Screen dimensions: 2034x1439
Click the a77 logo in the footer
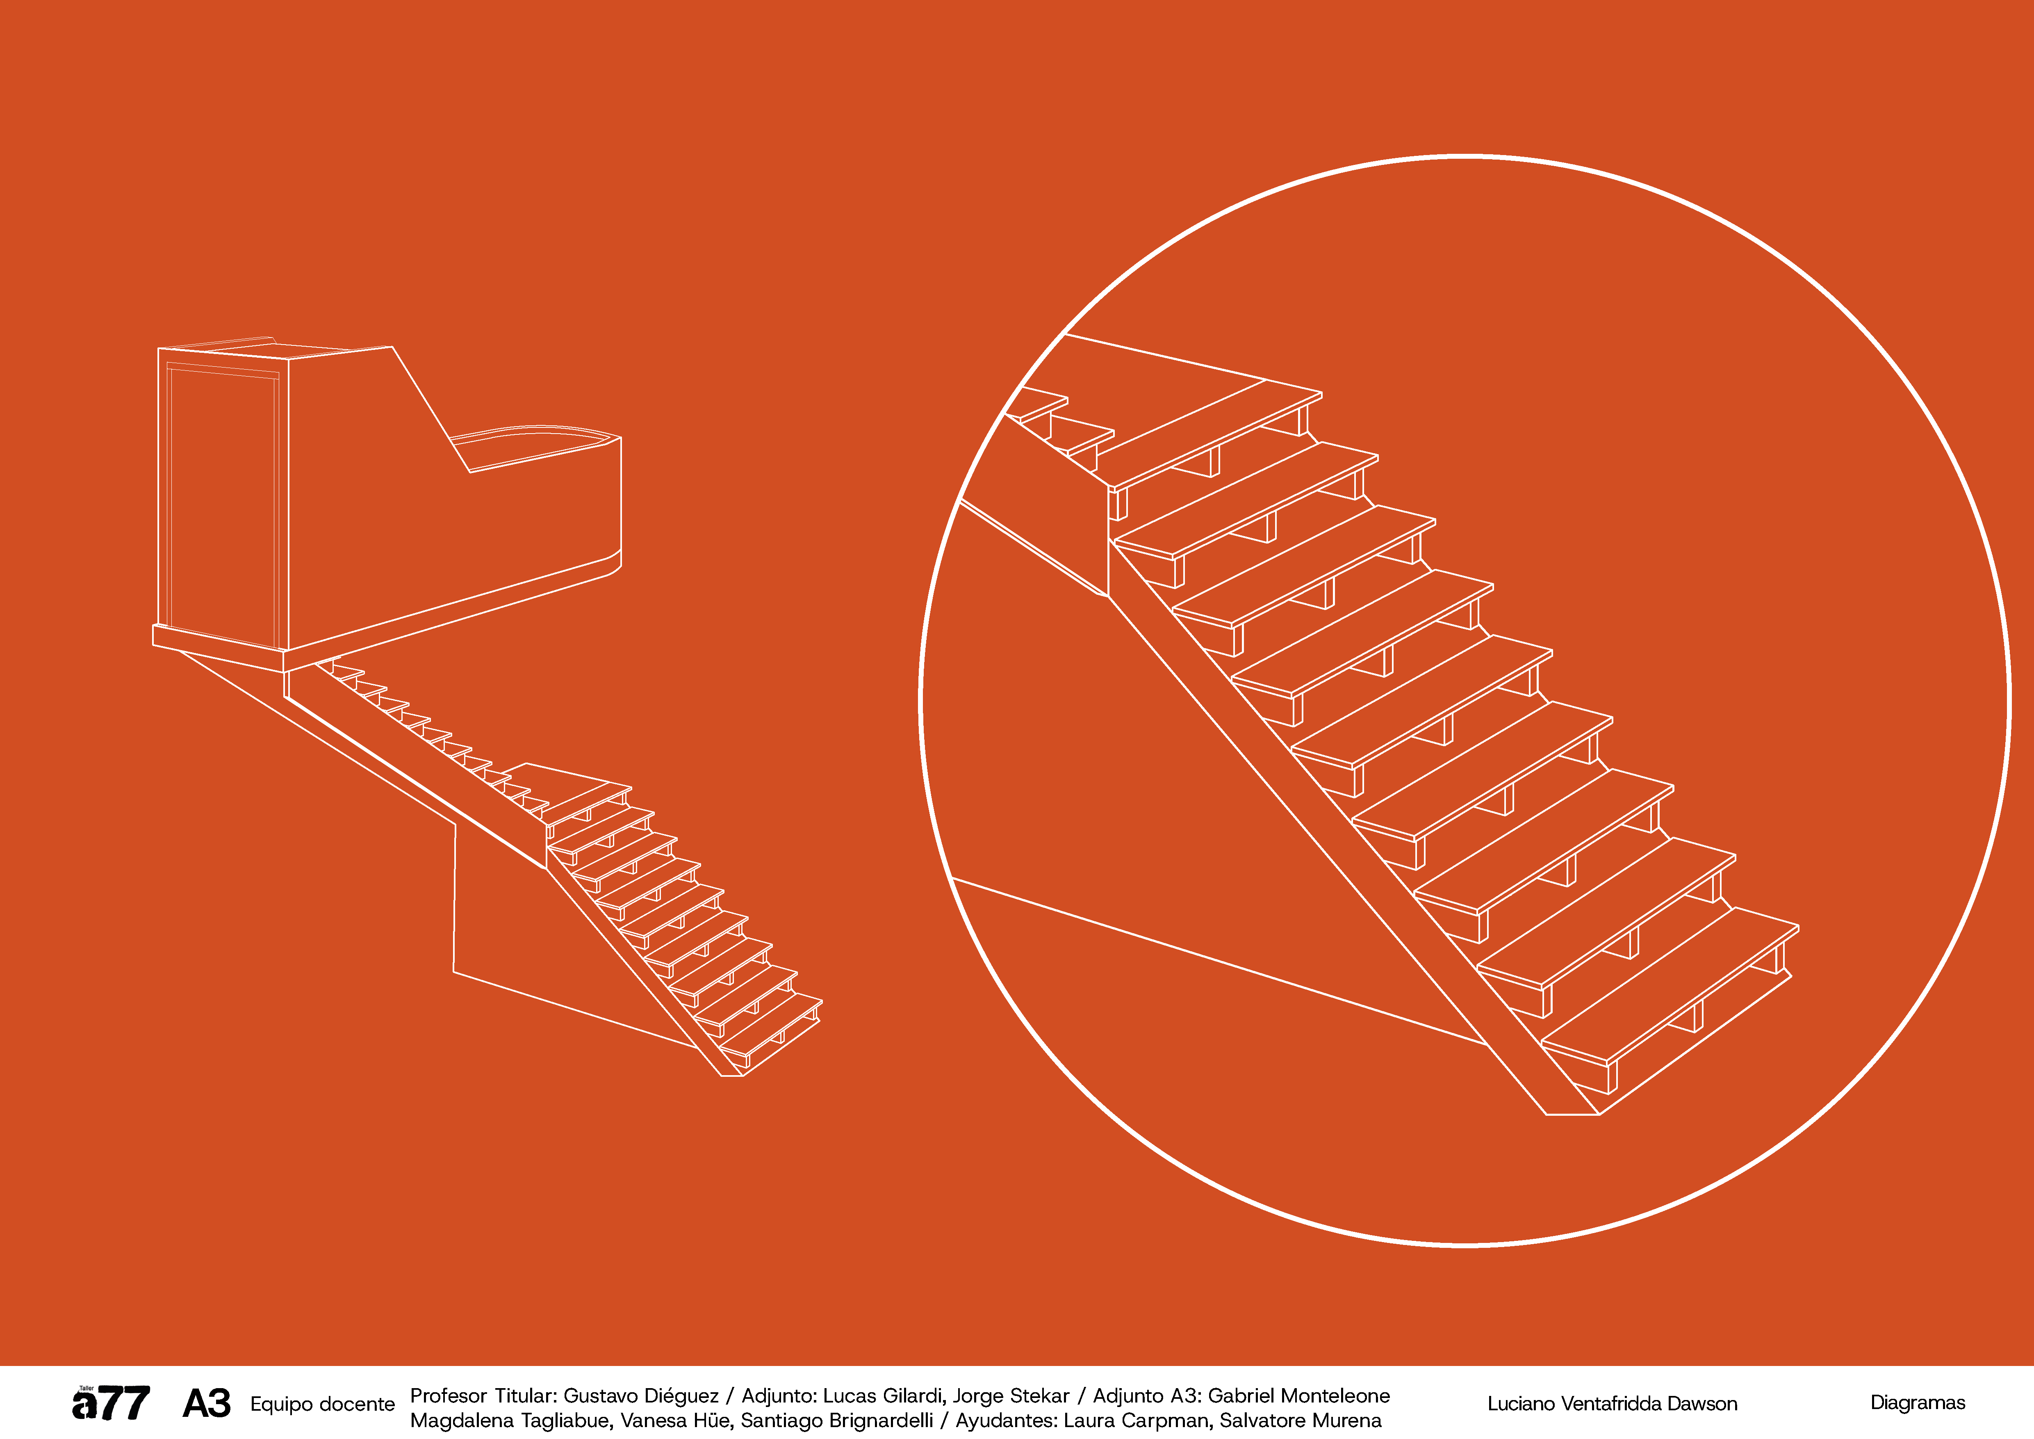pyautogui.click(x=111, y=1402)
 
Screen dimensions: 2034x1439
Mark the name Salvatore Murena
pyautogui.click(x=1301, y=1421)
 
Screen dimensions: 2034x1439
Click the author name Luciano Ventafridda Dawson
pyautogui.click(x=1612, y=1404)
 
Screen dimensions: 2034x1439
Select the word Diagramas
pyautogui.click(x=1917, y=1402)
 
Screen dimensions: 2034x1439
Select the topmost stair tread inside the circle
pyautogui.click(x=1218, y=434)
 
